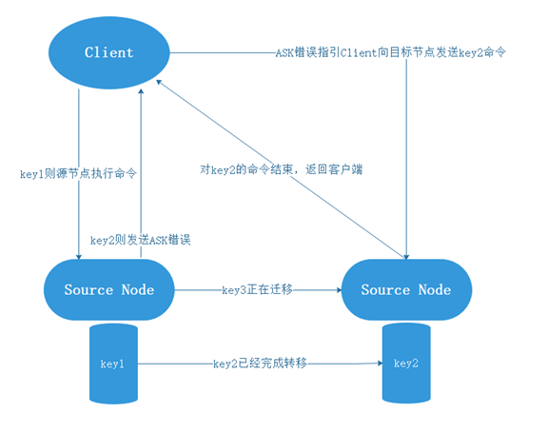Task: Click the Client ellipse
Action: point(109,52)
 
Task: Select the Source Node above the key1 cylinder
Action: point(109,289)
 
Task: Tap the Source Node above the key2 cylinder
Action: point(406,289)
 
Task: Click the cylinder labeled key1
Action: point(113,364)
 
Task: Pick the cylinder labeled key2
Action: point(406,364)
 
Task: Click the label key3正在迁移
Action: point(257,289)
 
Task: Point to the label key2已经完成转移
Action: point(260,364)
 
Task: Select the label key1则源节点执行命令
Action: point(78,173)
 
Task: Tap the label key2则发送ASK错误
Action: point(140,240)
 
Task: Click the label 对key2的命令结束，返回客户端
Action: point(282,169)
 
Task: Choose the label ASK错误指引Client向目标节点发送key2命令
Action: point(390,52)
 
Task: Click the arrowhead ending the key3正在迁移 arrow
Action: point(339,289)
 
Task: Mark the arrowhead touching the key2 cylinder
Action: point(380,364)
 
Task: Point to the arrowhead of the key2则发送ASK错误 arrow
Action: point(141,91)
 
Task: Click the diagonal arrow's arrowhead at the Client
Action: point(158,82)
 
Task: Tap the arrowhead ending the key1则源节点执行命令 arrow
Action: point(79,257)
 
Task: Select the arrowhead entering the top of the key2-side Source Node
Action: point(406,257)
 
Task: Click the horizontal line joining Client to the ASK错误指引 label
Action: point(223,53)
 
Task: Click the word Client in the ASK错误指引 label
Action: point(359,52)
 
